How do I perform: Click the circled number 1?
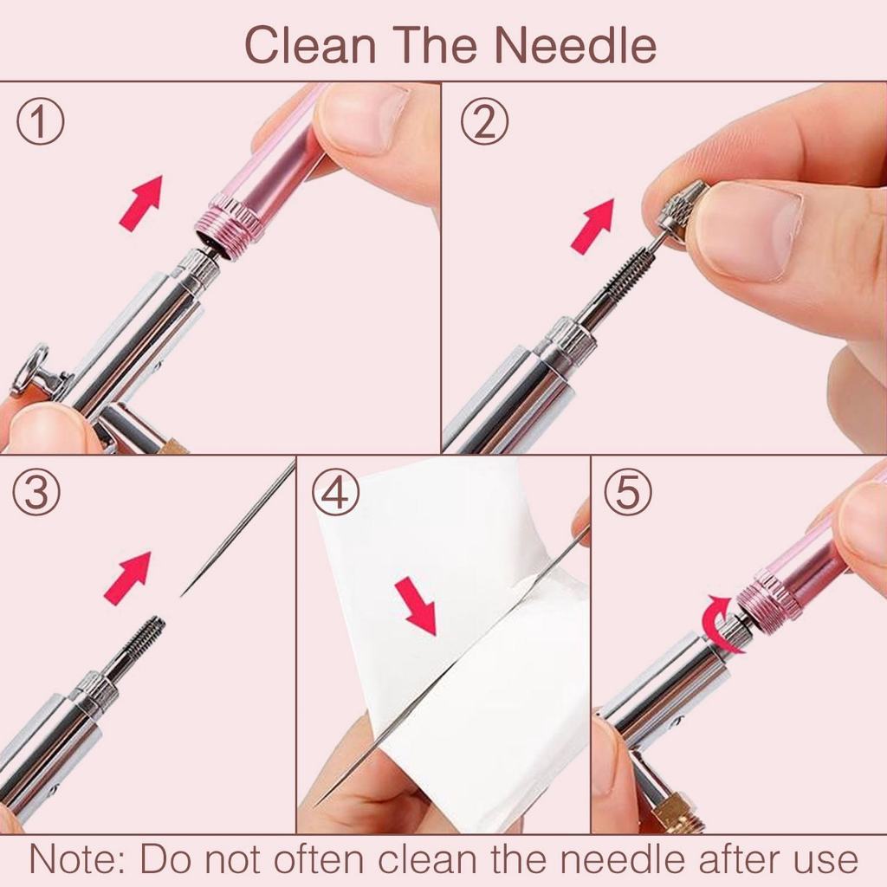[x=40, y=121]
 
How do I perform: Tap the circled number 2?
[x=484, y=121]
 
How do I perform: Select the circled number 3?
[x=36, y=492]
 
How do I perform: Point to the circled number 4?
[x=336, y=492]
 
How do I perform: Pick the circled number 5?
[x=628, y=492]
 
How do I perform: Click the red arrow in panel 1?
[x=141, y=203]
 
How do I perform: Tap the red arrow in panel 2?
[x=592, y=226]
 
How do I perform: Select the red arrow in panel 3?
[x=128, y=578]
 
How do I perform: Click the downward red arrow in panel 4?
[x=417, y=605]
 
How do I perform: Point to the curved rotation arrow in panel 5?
[x=718, y=625]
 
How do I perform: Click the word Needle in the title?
[x=575, y=45]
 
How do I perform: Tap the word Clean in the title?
[x=311, y=45]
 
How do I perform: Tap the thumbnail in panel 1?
[x=362, y=119]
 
